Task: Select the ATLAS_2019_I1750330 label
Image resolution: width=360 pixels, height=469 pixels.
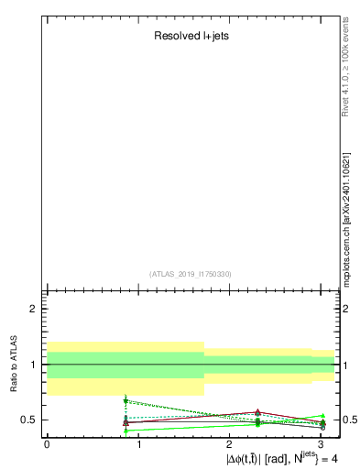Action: coord(190,273)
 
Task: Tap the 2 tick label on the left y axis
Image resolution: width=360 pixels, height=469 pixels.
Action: coord(34,309)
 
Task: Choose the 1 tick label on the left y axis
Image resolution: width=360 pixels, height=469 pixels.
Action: coord(34,365)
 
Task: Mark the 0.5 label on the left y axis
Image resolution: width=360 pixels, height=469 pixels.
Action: coord(29,420)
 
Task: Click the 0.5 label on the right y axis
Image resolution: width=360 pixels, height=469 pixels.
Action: coord(349,420)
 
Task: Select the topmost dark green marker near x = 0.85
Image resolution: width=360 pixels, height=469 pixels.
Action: coord(125,401)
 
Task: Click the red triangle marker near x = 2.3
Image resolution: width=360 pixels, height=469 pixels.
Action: coord(258,412)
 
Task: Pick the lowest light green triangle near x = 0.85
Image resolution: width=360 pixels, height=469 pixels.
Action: coord(125,431)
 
